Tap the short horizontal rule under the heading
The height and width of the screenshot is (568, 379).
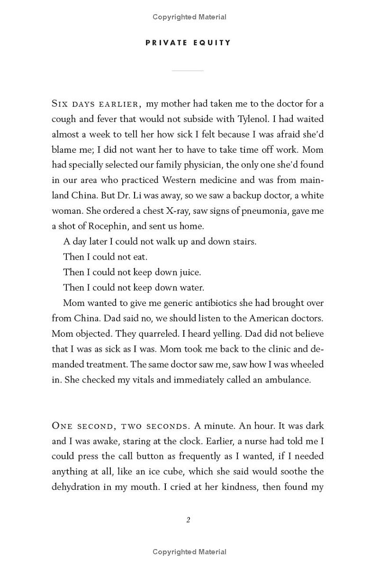[x=188, y=70]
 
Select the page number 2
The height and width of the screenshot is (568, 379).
[x=188, y=520]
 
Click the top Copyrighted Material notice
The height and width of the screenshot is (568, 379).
[x=189, y=17]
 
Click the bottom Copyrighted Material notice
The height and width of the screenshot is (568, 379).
[x=189, y=551]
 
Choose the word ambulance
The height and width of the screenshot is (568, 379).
[x=288, y=379]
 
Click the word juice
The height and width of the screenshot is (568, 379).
[x=190, y=272]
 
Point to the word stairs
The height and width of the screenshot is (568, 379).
[x=244, y=241]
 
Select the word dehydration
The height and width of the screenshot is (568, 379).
[x=76, y=487]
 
